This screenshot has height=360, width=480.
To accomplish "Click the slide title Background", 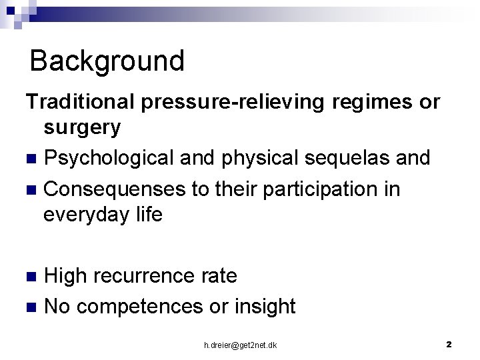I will [107, 61].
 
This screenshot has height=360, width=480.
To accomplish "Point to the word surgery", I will [82, 127].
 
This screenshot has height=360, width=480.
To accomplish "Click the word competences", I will [152, 306].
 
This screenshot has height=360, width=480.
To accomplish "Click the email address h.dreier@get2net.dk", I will [241, 345].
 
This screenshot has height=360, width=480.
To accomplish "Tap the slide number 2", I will [449, 344].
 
